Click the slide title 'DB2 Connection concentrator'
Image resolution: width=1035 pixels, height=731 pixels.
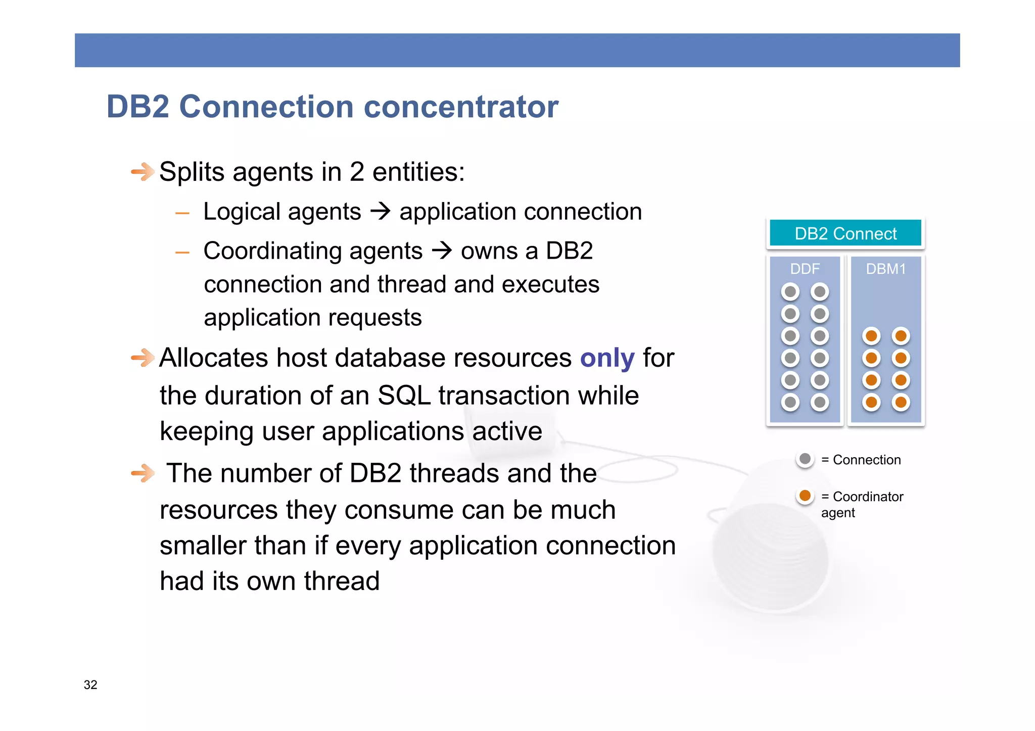click(x=332, y=107)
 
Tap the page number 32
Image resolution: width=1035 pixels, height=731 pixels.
click(x=90, y=685)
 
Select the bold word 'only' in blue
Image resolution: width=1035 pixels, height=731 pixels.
click(x=607, y=358)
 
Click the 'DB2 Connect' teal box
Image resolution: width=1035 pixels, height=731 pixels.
click(x=845, y=233)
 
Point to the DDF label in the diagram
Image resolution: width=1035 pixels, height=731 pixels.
click(x=805, y=269)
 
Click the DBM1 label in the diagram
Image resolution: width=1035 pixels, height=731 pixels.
click(x=885, y=269)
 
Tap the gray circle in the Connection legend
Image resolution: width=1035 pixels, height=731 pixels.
click(x=805, y=459)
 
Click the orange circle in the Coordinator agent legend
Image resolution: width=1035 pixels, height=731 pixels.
click(x=805, y=496)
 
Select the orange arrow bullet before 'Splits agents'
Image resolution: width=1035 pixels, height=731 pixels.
click(x=143, y=172)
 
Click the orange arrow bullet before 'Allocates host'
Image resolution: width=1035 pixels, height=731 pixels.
click(x=143, y=358)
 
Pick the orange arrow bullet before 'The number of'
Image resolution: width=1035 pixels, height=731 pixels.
click(x=143, y=473)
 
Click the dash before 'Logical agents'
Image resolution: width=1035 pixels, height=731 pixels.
click(x=182, y=213)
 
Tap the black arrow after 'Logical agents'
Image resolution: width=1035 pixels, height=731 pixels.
click(x=381, y=211)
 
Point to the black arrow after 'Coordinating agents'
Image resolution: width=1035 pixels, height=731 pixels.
click(x=442, y=251)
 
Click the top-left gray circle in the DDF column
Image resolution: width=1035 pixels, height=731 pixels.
click(x=790, y=291)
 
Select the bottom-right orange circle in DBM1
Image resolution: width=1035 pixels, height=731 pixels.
click(x=901, y=402)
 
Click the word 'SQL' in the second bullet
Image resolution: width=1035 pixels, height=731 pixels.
click(x=404, y=395)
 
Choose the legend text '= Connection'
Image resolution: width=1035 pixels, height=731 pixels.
click(x=861, y=460)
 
